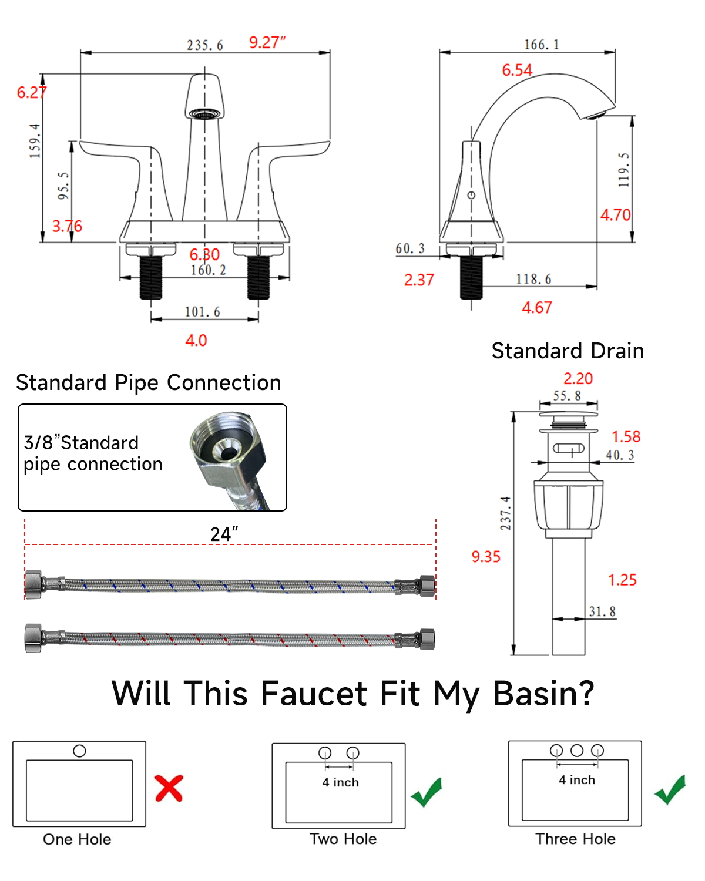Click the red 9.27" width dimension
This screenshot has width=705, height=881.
point(267,42)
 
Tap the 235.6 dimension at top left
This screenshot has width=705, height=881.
point(205,45)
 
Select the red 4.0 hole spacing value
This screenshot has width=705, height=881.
point(196,341)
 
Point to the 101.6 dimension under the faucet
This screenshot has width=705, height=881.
point(202,312)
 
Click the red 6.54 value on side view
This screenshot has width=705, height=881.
point(517,70)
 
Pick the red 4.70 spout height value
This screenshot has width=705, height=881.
point(615,215)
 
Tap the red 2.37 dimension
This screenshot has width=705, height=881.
point(419,280)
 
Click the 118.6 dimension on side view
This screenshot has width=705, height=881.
point(533,279)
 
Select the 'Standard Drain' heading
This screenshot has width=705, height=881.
point(568,351)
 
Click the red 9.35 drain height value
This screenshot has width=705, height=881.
point(486,557)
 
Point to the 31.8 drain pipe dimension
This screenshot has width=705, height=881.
point(602,611)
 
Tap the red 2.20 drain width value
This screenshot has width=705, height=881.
point(578,379)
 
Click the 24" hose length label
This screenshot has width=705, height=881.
point(224,534)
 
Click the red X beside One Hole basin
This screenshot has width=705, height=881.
point(169,788)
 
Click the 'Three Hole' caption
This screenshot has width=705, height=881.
point(575,839)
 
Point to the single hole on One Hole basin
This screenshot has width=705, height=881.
point(79,751)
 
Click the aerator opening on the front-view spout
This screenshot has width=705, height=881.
point(205,113)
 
